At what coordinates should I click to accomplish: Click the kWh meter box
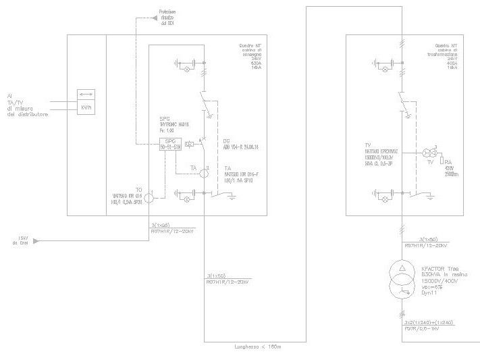click(x=86, y=107)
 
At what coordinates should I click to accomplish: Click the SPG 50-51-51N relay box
click(x=170, y=144)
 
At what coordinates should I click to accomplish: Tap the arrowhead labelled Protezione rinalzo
click(x=155, y=22)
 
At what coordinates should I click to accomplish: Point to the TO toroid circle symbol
click(x=154, y=198)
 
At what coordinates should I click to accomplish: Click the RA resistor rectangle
click(x=441, y=161)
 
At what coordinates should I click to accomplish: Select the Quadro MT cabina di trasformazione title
click(x=442, y=55)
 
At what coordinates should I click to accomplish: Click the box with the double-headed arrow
click(x=86, y=94)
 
